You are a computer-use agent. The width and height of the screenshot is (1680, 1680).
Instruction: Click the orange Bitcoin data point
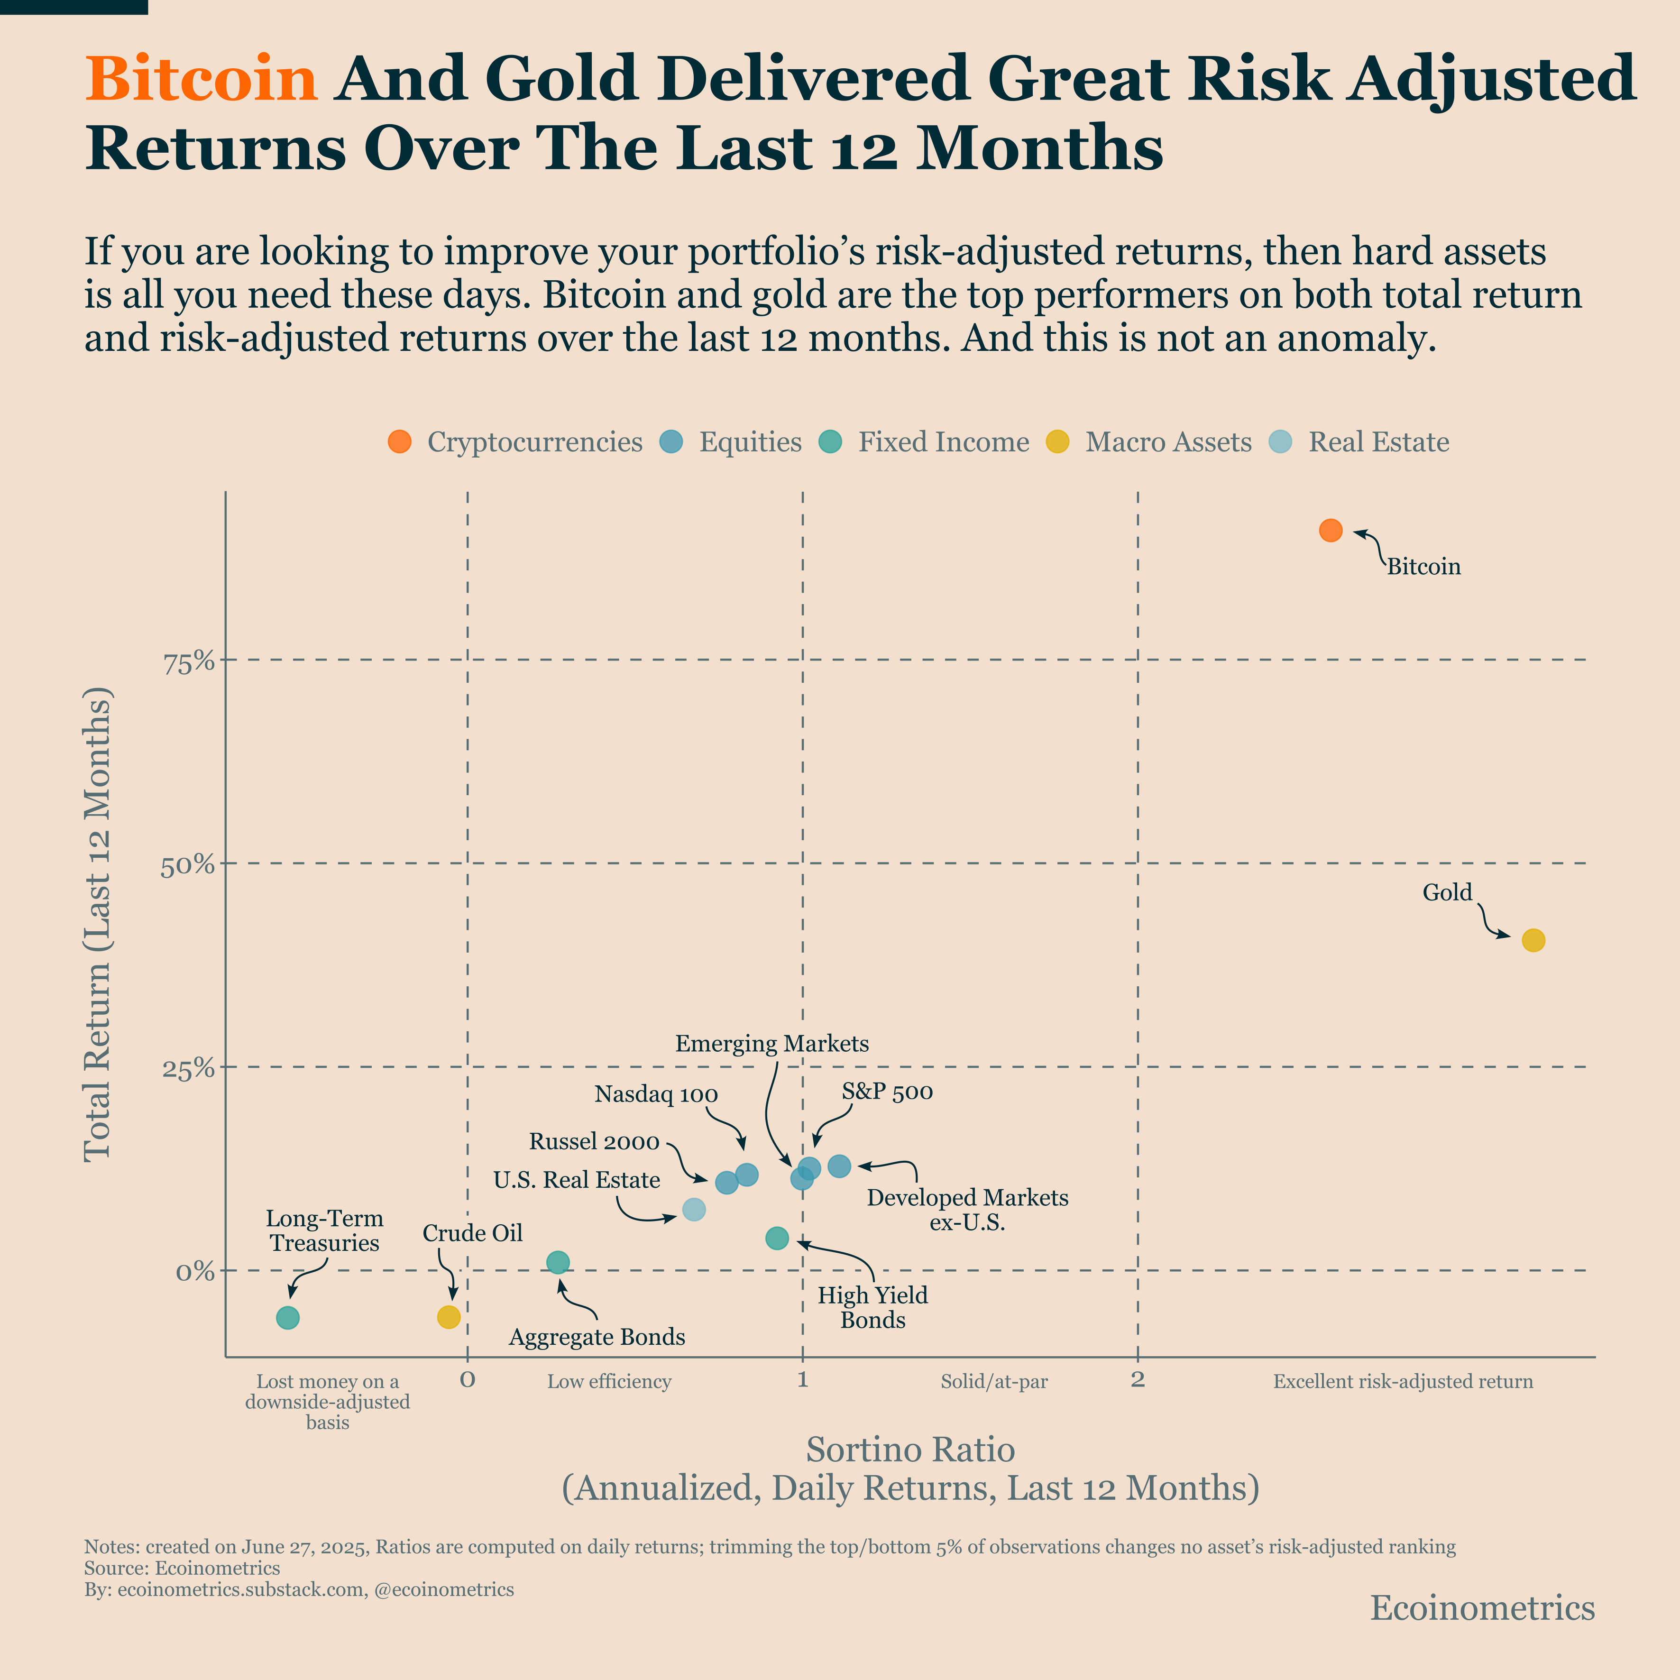tap(1331, 531)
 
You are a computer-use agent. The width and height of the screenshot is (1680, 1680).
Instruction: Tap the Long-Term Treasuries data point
tap(288, 1317)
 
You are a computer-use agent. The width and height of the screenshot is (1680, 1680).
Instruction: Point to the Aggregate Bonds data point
tap(558, 1262)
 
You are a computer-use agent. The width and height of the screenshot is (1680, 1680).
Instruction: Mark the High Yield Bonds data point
tap(777, 1238)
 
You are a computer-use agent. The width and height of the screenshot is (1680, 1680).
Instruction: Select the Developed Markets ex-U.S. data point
tap(839, 1165)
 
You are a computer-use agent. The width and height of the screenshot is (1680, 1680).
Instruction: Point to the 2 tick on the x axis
tap(1138, 1378)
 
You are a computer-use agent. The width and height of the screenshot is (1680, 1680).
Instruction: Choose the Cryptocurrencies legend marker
tap(399, 442)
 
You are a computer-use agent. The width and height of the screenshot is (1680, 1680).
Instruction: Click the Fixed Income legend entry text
tap(944, 442)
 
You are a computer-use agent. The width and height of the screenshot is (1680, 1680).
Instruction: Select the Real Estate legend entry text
tap(1378, 442)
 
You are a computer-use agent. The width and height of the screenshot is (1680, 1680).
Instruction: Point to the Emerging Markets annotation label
tap(771, 1044)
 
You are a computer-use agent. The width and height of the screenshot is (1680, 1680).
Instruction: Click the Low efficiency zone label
tap(609, 1381)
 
